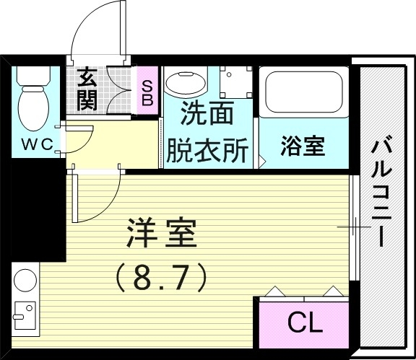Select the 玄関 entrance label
coord(87,88)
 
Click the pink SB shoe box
coord(147,92)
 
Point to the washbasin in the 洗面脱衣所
coord(185,84)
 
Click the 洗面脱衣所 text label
coord(207,132)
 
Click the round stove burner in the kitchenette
coord(25,280)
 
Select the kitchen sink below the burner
coord(24,314)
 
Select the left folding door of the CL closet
coord(278,292)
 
